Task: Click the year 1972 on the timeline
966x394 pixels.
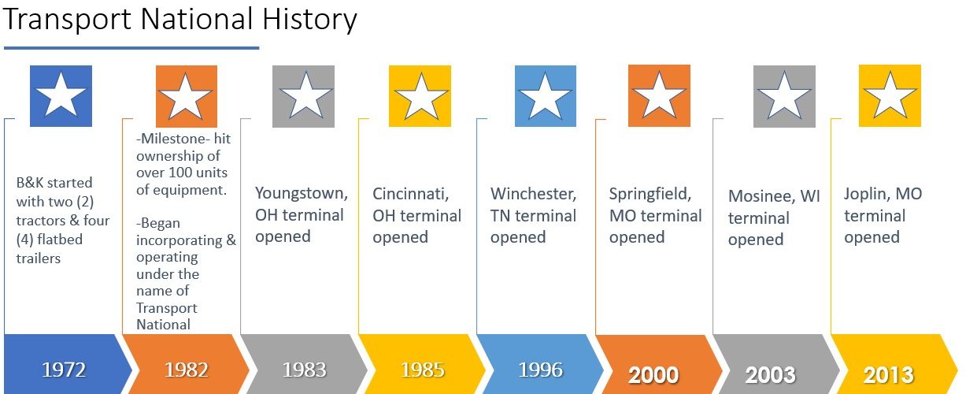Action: click(64, 370)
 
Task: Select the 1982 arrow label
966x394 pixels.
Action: click(187, 370)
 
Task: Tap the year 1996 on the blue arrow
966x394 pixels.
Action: click(540, 370)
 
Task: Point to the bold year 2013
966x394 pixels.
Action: click(888, 375)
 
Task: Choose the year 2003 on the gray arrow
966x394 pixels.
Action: click(770, 375)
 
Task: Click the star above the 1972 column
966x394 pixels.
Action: click(61, 95)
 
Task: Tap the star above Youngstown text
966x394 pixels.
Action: click(305, 95)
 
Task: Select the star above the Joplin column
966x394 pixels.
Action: click(890, 95)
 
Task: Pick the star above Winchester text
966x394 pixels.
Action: click(545, 95)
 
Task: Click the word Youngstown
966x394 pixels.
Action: click(302, 193)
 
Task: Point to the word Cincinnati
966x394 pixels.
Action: click(410, 194)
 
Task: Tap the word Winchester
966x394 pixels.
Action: click(533, 194)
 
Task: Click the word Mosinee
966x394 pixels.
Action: click(761, 196)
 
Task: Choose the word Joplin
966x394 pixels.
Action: click(865, 195)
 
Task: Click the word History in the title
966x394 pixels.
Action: click(309, 20)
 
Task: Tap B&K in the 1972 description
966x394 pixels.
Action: click(30, 183)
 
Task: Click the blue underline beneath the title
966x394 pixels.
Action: click(131, 48)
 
